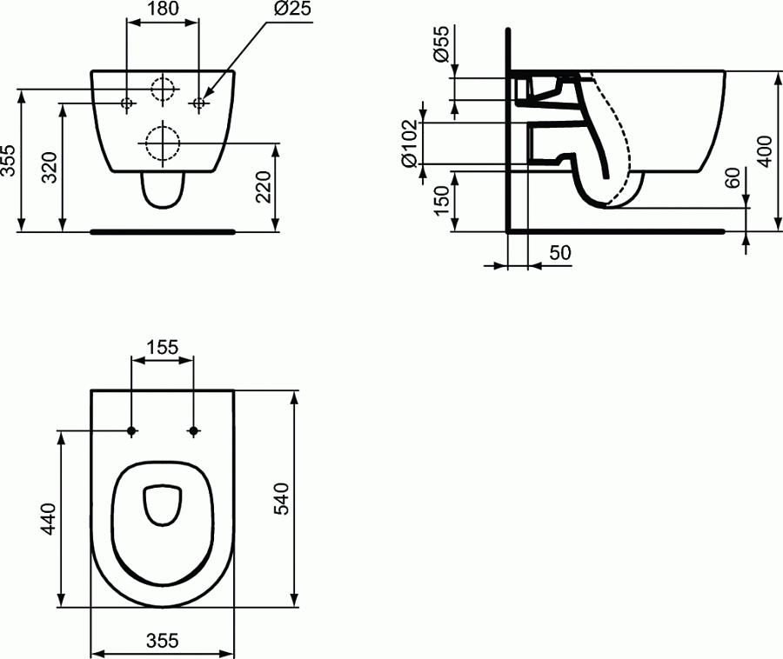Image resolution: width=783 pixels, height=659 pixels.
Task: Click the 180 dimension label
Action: pos(163,10)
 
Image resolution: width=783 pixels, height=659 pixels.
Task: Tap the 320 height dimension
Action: pos(50,167)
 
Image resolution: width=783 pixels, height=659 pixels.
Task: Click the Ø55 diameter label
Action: pos(441,43)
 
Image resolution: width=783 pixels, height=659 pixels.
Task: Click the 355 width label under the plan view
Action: pos(162,641)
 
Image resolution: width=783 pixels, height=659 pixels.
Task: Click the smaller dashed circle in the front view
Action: pos(163,89)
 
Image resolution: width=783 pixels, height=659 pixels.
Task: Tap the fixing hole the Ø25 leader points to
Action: pos(199,103)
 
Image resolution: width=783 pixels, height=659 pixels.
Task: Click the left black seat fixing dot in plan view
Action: pos(131,430)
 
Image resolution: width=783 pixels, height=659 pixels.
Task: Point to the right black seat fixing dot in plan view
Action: pos(193,430)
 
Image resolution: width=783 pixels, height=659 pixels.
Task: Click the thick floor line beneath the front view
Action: pos(163,232)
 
